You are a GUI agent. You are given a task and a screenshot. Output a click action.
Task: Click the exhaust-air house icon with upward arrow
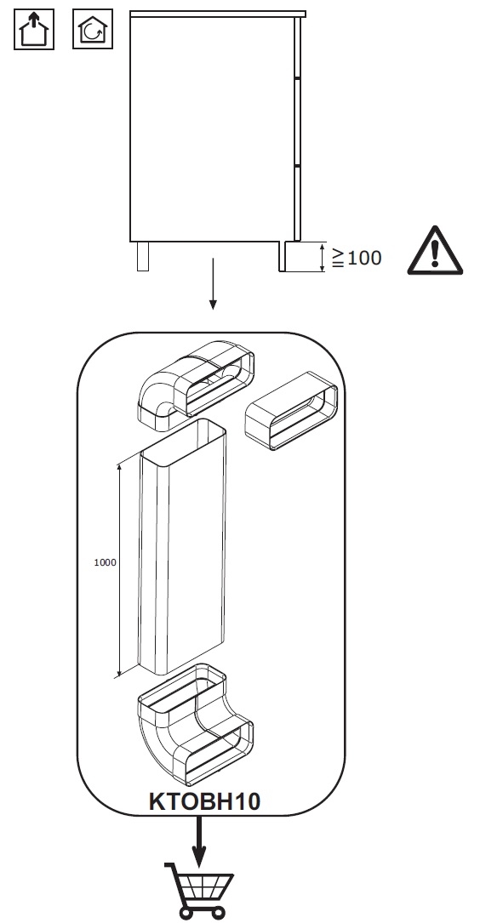34,29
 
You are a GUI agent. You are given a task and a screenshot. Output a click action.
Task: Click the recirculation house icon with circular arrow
93,29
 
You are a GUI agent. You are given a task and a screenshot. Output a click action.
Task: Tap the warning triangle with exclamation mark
435,250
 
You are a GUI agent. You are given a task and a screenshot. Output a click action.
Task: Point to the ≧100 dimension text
357,257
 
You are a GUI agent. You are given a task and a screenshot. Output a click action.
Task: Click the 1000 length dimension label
105,562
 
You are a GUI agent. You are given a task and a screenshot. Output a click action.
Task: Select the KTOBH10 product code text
203,801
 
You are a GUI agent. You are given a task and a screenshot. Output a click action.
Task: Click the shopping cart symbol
199,891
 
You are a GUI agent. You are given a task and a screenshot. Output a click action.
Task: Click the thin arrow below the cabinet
213,283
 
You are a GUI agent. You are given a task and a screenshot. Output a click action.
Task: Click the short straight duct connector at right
291,410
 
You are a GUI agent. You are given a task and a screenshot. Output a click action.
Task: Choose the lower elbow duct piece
194,725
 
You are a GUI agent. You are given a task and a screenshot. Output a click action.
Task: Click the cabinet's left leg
142,256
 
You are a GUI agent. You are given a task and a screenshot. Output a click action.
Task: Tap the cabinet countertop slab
218,14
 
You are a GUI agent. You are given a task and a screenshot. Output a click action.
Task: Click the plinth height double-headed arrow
323,257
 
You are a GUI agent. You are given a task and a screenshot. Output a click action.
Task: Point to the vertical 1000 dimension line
119,571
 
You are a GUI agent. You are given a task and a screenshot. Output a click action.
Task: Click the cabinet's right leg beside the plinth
282,256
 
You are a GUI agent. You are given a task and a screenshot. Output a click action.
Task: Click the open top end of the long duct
183,436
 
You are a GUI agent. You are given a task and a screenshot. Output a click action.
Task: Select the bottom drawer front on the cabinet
297,203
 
